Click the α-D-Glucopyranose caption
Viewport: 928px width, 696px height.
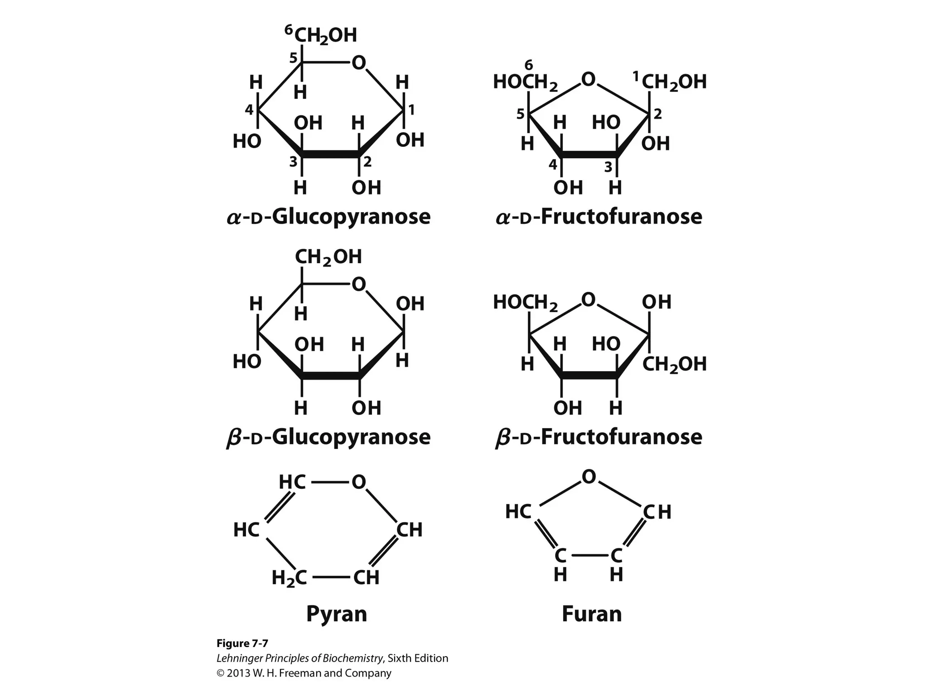coord(329,217)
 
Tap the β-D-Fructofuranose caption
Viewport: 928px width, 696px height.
coord(599,437)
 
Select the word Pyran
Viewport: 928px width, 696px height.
coord(336,614)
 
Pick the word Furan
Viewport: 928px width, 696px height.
coord(591,614)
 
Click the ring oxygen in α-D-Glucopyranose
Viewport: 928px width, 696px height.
coord(358,63)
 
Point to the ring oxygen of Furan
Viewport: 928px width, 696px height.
coord(589,477)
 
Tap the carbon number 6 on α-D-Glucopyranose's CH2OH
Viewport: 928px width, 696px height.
coord(289,30)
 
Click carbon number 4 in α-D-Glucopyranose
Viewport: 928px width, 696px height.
coord(249,109)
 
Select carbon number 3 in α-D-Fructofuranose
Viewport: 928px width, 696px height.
coord(608,168)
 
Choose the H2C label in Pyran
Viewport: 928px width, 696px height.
coord(289,578)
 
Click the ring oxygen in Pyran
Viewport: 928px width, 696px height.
coord(358,482)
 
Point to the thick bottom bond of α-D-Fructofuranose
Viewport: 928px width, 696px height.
coord(589,155)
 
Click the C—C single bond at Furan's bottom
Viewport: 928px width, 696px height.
coord(589,555)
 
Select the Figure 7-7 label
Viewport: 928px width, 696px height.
coord(242,643)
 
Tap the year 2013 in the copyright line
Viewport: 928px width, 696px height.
coord(238,673)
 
